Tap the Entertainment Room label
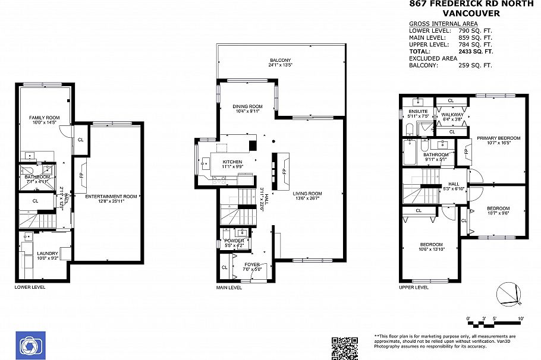(111, 196)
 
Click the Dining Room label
(247, 106)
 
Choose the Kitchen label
(232, 162)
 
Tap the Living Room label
(307, 193)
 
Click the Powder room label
(234, 241)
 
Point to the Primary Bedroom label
(499, 138)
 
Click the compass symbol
(509, 294)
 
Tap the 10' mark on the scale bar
(521, 319)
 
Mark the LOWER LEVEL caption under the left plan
(29, 287)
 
